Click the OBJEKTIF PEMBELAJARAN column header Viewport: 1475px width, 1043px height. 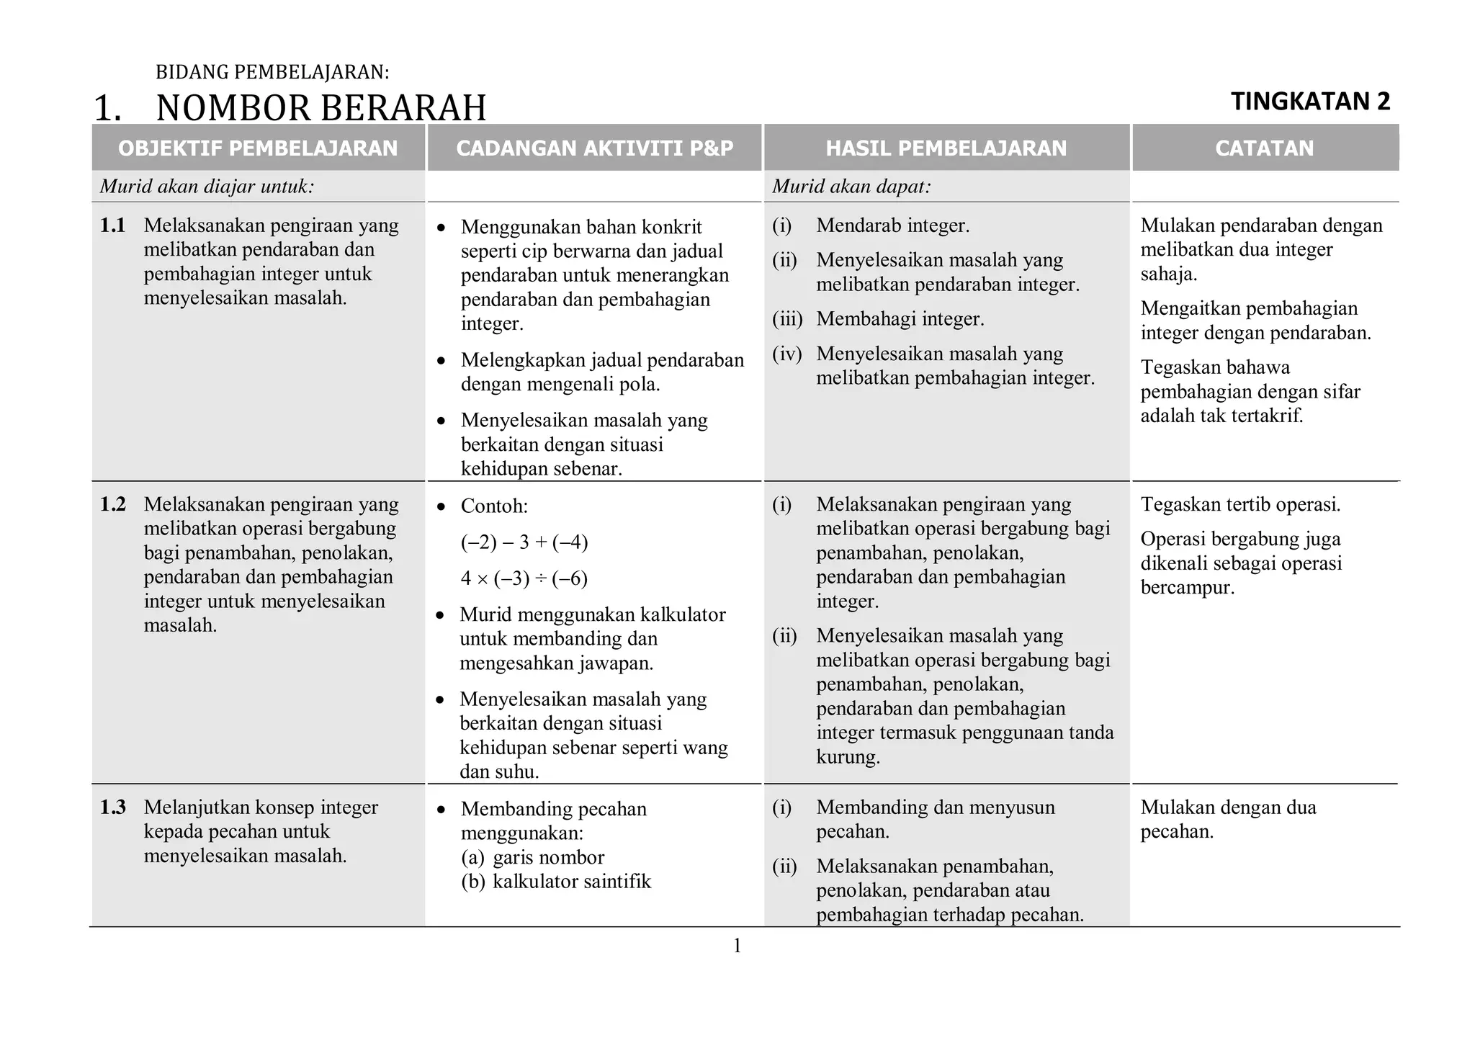point(258,148)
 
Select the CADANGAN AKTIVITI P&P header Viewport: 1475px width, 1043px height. point(595,148)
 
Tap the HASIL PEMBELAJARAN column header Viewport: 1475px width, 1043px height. point(946,148)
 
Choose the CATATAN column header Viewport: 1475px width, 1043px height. point(1265,148)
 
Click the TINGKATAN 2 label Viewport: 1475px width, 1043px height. point(1310,102)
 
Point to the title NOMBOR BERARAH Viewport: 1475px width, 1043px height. point(321,108)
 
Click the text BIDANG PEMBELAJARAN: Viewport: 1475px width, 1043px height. point(272,72)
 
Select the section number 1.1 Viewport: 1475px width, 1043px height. point(112,225)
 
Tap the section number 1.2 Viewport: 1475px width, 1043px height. point(112,504)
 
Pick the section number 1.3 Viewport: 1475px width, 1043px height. point(112,807)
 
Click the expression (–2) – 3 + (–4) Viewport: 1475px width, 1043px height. point(524,542)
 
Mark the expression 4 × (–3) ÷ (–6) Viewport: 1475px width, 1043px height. point(524,578)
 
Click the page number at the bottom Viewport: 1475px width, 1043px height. point(737,946)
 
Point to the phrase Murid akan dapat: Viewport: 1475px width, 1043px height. point(851,187)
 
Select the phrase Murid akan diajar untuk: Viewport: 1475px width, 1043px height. point(207,187)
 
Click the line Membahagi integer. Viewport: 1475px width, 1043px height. point(900,319)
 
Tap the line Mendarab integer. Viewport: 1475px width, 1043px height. point(892,225)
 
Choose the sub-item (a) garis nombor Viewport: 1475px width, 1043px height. point(533,857)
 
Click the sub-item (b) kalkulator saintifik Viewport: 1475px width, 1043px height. point(556,882)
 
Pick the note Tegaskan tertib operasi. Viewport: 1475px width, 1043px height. point(1240,504)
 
